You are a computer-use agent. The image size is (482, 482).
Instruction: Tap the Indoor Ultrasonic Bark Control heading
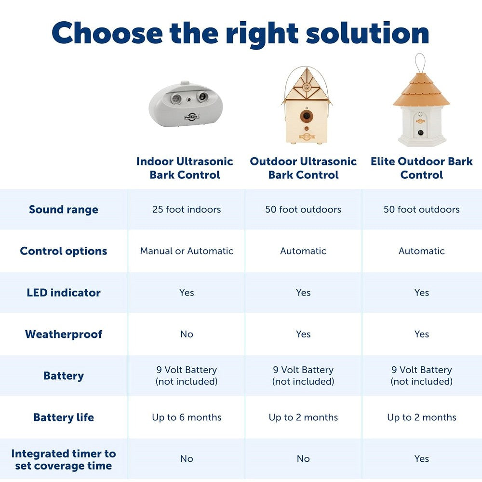(x=185, y=168)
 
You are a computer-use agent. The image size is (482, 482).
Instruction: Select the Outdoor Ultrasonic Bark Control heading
(x=303, y=168)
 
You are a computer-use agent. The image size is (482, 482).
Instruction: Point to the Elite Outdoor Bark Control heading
(x=421, y=168)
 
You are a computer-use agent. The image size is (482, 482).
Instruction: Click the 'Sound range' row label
(x=64, y=210)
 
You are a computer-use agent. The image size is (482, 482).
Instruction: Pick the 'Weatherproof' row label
(x=64, y=334)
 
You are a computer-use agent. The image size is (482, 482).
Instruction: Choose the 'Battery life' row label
(x=64, y=417)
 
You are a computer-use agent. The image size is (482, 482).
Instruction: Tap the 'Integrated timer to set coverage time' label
(x=64, y=459)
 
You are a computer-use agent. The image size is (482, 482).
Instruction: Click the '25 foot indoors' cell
(x=187, y=210)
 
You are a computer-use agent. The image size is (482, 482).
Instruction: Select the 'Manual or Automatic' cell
(x=187, y=251)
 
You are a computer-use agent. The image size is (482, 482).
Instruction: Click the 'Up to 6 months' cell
(x=187, y=417)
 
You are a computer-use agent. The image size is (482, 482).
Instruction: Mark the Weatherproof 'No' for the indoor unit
(x=187, y=334)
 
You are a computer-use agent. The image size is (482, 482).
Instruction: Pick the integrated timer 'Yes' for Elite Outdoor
(x=421, y=459)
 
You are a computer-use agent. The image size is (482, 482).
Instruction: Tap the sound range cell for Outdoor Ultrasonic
(x=303, y=210)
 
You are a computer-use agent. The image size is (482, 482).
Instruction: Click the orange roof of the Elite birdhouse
(x=421, y=92)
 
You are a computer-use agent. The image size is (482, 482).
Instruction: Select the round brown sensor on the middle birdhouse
(x=304, y=116)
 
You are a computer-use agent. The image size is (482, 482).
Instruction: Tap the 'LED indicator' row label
(x=64, y=293)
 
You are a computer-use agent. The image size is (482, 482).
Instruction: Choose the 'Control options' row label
(x=64, y=251)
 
